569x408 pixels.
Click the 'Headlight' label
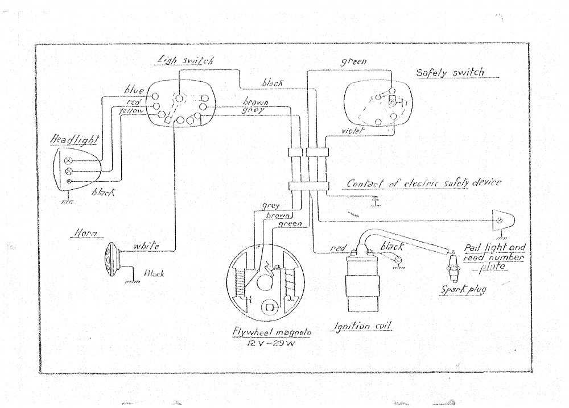[75, 140]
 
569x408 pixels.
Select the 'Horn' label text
[84, 233]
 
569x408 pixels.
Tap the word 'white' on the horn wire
[145, 245]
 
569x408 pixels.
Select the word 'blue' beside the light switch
[134, 90]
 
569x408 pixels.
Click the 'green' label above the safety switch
[353, 61]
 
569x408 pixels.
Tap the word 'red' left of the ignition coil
[338, 249]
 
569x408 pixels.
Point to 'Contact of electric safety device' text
[424, 183]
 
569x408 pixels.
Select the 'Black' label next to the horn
[154, 273]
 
